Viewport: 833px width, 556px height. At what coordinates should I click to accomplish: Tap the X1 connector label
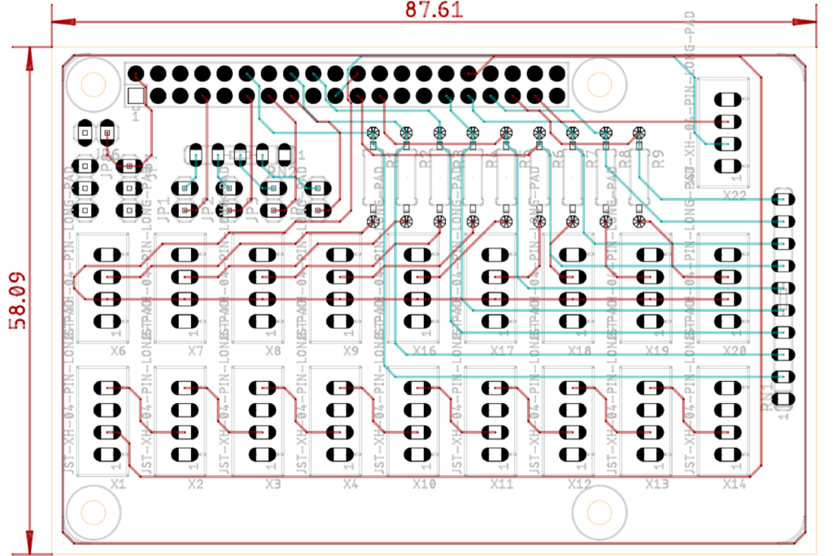pos(118,484)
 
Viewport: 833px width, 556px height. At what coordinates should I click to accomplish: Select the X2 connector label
pos(195,484)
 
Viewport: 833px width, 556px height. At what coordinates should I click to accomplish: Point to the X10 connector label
pos(424,484)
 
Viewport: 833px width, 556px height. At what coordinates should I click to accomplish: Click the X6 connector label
pos(118,352)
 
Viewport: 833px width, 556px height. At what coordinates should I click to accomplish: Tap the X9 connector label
pos(351,352)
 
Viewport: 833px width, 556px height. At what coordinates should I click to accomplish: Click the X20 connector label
pos(735,352)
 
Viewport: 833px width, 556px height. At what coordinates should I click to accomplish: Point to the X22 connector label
pos(735,195)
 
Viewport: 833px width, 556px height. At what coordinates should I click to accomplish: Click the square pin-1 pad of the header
pos(136,95)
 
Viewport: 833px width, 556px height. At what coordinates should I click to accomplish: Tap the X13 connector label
pos(657,484)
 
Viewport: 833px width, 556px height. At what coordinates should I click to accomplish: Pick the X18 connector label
pos(579,352)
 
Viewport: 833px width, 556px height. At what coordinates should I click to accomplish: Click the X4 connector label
pos(351,484)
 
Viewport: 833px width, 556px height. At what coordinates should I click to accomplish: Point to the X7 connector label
pos(195,352)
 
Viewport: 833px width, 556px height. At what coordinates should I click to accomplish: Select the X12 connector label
pos(579,484)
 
